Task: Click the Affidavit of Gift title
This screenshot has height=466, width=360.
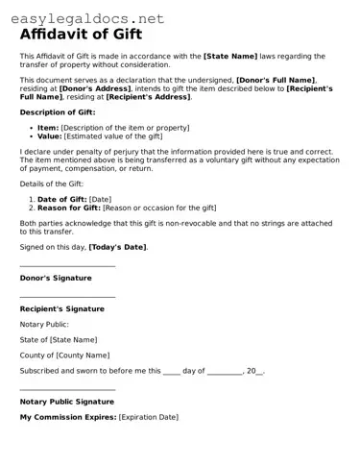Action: pyautogui.click(x=81, y=35)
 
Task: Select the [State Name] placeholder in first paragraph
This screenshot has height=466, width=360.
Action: pyautogui.click(x=235, y=57)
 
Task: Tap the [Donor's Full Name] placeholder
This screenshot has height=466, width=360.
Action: pyautogui.click(x=276, y=80)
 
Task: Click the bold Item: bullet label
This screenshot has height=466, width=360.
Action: pyautogui.click(x=47, y=128)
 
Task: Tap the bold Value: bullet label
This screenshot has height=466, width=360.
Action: pyautogui.click(x=49, y=136)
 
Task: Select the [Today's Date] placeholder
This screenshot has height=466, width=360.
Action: pyautogui.click(x=117, y=247)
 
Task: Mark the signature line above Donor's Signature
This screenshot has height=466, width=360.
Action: pyautogui.click(x=67, y=266)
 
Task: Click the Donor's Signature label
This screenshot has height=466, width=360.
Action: pyautogui.click(x=56, y=278)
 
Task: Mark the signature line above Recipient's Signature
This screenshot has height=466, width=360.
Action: pyautogui.click(x=67, y=297)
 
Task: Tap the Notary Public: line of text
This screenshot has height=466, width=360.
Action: pyautogui.click(x=44, y=324)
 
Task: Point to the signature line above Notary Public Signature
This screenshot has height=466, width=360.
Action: pyautogui.click(x=67, y=389)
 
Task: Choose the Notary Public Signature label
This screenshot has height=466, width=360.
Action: pyautogui.click(x=66, y=402)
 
